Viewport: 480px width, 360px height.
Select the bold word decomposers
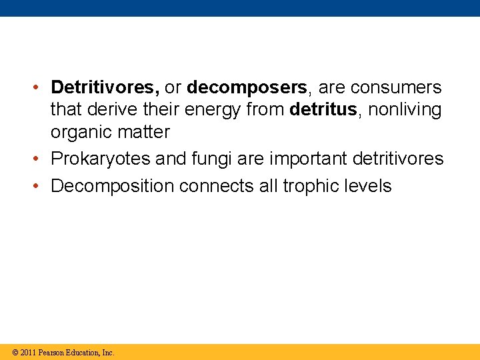247,87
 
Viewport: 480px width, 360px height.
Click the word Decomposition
112,186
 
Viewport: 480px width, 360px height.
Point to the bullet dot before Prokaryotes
41,159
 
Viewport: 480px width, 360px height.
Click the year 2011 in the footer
27,352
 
